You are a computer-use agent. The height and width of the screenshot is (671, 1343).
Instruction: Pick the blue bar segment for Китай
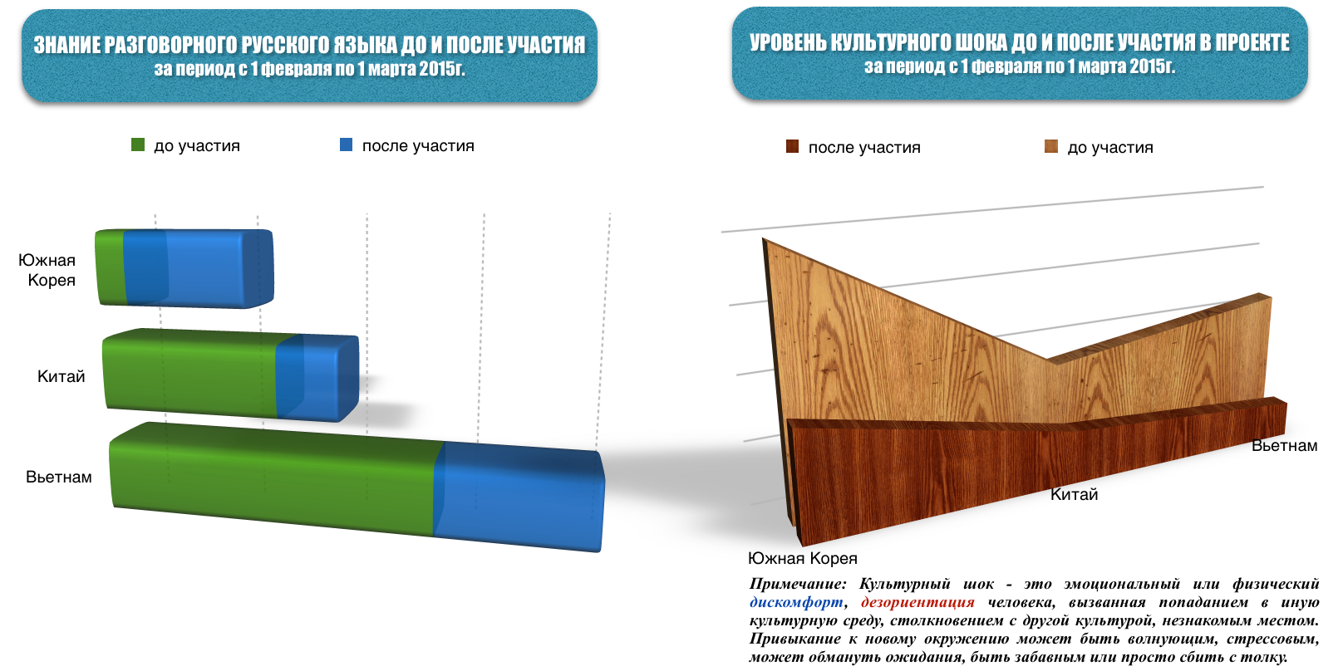pos(317,377)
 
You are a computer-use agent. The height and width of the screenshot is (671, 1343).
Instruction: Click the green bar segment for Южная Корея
pos(111,267)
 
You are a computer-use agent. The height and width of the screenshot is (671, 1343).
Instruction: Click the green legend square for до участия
pos(138,145)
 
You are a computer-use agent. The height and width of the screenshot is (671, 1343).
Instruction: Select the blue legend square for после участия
pos(346,145)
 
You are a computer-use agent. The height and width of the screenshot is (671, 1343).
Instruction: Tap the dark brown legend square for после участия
pos(792,147)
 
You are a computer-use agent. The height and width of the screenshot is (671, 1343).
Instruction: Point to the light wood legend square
pos(1051,147)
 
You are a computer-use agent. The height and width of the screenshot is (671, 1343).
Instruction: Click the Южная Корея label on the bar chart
pos(47,270)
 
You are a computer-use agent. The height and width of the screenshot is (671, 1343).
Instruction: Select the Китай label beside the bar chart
pos(61,376)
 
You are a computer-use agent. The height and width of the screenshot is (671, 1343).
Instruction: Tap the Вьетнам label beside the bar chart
pos(59,477)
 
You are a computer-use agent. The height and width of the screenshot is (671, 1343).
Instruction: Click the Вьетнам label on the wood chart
pos(1284,446)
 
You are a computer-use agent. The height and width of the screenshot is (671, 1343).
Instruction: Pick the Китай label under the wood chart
pos(1074,494)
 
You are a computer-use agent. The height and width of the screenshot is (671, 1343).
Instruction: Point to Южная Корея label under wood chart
pos(803,558)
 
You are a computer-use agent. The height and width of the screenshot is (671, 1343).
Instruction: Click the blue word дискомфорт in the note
pos(796,602)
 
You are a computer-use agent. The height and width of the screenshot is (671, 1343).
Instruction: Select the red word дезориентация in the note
pos(918,602)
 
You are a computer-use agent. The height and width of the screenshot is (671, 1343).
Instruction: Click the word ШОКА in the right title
pos(977,42)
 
